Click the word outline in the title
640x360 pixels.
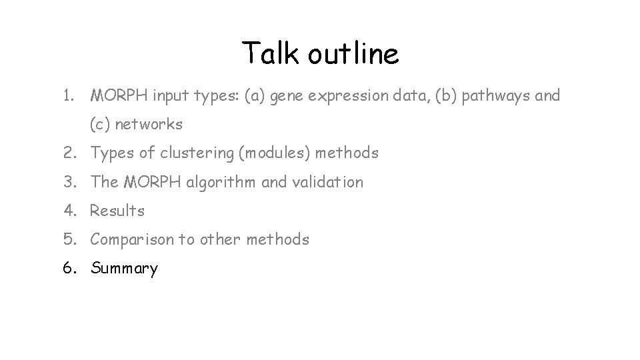[353, 53]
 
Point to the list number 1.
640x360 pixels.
[68, 96]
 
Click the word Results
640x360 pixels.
[117, 211]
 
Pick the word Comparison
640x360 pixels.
[132, 240]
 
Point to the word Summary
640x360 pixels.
[125, 269]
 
